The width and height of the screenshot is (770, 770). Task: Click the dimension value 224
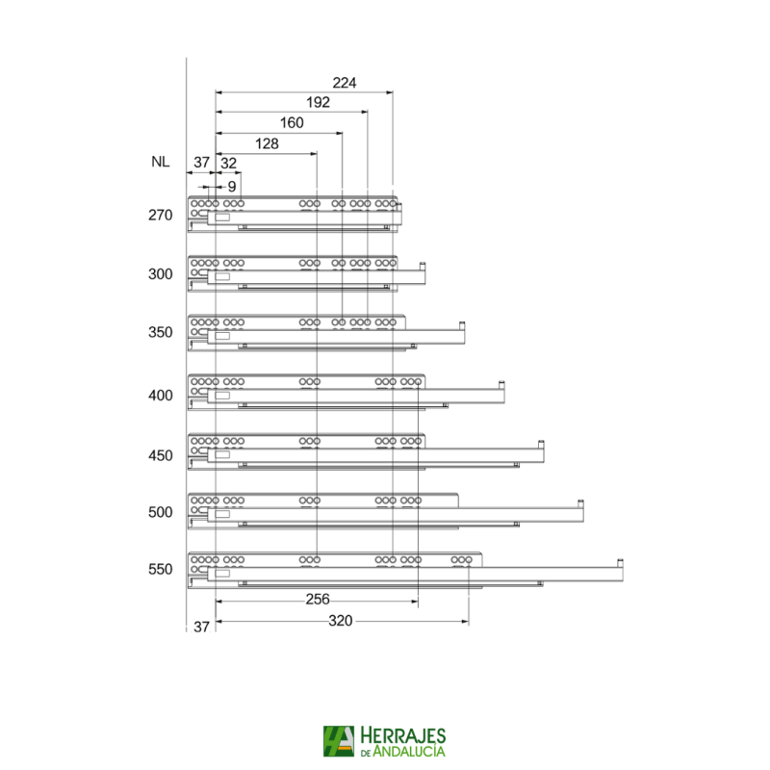click(x=345, y=83)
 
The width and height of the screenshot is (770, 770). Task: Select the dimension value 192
click(x=318, y=102)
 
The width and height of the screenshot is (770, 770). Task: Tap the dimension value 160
click(x=291, y=123)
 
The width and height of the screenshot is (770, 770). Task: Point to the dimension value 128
click(x=267, y=143)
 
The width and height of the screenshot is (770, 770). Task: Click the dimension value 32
click(x=229, y=163)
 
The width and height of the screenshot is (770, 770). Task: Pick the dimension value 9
click(x=232, y=186)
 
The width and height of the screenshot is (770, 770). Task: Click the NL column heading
click(x=160, y=163)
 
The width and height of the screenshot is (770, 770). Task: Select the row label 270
click(x=160, y=216)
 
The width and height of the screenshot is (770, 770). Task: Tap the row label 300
click(x=160, y=274)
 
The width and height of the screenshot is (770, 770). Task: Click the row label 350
click(x=160, y=333)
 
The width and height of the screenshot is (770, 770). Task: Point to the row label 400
click(x=160, y=396)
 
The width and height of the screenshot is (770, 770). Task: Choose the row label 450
click(x=160, y=455)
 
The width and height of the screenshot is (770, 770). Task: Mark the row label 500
click(x=160, y=512)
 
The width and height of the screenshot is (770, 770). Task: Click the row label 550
click(x=160, y=569)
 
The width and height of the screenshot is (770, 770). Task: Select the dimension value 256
click(x=318, y=600)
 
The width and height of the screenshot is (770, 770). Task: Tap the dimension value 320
click(x=341, y=622)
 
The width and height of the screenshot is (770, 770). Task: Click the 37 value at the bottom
click(x=201, y=627)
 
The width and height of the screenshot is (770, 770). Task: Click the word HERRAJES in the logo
click(x=405, y=733)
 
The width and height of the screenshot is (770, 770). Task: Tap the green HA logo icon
click(x=340, y=741)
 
